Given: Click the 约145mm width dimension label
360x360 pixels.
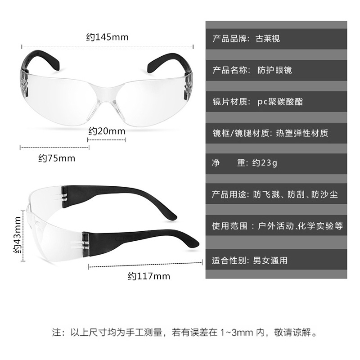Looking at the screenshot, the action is tap(107, 37).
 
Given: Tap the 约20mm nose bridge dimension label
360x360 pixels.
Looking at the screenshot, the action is tap(106, 131).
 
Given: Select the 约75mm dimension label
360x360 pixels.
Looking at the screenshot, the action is tap(57, 158).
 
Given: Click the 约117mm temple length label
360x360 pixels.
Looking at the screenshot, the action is tap(148, 276).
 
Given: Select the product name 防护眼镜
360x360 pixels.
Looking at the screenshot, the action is tap(274, 70).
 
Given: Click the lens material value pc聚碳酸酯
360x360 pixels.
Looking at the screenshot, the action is tap(280, 102).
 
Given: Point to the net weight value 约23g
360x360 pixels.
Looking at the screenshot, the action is tap(265, 163).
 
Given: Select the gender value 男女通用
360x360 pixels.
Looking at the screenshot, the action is tap(270, 261).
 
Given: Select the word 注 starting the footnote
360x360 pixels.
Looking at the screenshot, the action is tap(57, 333).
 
